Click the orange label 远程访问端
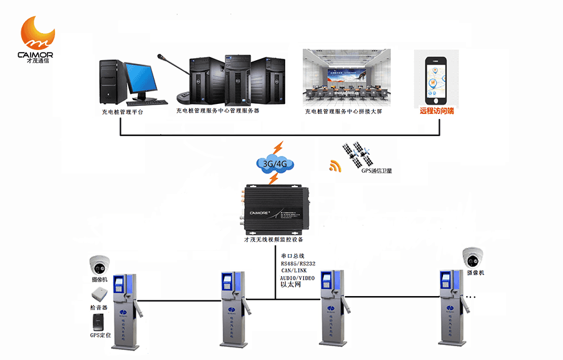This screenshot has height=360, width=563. coord(437,111)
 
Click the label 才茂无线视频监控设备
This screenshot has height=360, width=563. coord(274,240)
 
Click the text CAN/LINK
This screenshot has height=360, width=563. coord(294,270)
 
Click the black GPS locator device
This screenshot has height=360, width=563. coord(99,322)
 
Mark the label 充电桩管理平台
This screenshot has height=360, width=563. coord(123,111)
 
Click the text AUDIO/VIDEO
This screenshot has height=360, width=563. coord(298,277)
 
